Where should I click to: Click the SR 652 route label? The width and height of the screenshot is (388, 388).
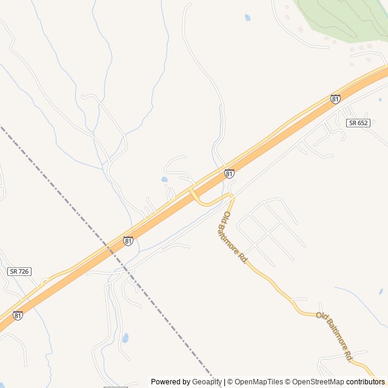click(358, 122)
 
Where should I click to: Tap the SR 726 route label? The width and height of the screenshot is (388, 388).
click(19, 272)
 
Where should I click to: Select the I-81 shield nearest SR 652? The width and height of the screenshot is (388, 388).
click(335, 99)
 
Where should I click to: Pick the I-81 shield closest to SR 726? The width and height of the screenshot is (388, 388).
click(18, 315)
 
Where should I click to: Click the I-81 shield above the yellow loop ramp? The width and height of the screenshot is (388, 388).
click(229, 174)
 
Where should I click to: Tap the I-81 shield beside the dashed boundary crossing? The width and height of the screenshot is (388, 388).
click(128, 241)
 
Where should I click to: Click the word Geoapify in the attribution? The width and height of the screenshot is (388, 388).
click(207, 382)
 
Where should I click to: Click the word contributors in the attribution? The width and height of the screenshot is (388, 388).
click(367, 382)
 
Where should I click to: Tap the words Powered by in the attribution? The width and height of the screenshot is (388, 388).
click(170, 382)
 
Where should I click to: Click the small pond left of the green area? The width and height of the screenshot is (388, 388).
click(247, 18)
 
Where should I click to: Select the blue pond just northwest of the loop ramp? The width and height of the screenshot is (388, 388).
click(164, 179)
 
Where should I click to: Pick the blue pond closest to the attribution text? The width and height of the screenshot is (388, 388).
click(125, 338)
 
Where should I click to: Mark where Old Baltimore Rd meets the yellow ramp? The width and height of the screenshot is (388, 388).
click(231, 196)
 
